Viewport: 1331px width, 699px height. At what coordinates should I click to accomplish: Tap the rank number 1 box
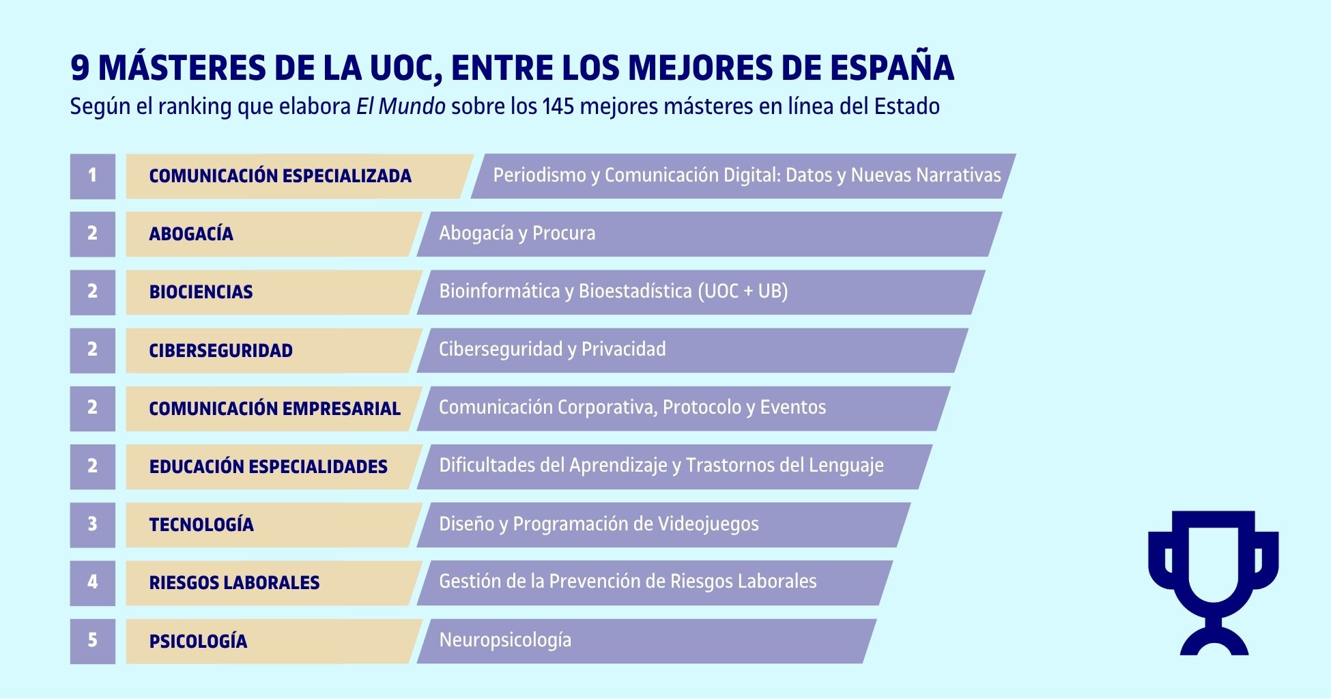pos(92,176)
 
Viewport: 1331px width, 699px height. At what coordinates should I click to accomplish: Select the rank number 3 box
pos(92,524)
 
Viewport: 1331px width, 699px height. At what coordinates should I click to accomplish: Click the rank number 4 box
pos(92,582)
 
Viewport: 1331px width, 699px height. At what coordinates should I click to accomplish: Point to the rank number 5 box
pos(92,640)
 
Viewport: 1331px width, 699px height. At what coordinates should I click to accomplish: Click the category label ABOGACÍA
pos(191,234)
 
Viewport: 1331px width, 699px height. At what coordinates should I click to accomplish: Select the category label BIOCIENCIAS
pos(201,292)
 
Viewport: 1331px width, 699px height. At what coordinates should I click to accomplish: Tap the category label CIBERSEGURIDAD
pos(220,350)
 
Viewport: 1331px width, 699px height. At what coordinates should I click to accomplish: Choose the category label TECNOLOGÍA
pos(201,524)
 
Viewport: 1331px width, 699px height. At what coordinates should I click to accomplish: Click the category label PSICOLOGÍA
pos(198,641)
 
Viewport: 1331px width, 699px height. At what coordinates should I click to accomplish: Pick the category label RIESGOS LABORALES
pos(234,582)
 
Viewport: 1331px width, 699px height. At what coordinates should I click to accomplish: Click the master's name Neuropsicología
pos(505,640)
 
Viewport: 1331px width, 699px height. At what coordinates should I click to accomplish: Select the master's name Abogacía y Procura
pos(517,233)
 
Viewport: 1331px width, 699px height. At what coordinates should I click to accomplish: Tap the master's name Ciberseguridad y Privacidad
pos(552,349)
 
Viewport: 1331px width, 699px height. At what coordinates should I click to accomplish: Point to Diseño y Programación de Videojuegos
pos(599,524)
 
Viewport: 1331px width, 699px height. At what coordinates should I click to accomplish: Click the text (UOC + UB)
pos(743,291)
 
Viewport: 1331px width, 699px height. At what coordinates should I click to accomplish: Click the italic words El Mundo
pos(401,106)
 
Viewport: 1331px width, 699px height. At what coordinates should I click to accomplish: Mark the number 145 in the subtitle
pos(558,106)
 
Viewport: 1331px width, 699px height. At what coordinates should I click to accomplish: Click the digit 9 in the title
pos(80,68)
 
